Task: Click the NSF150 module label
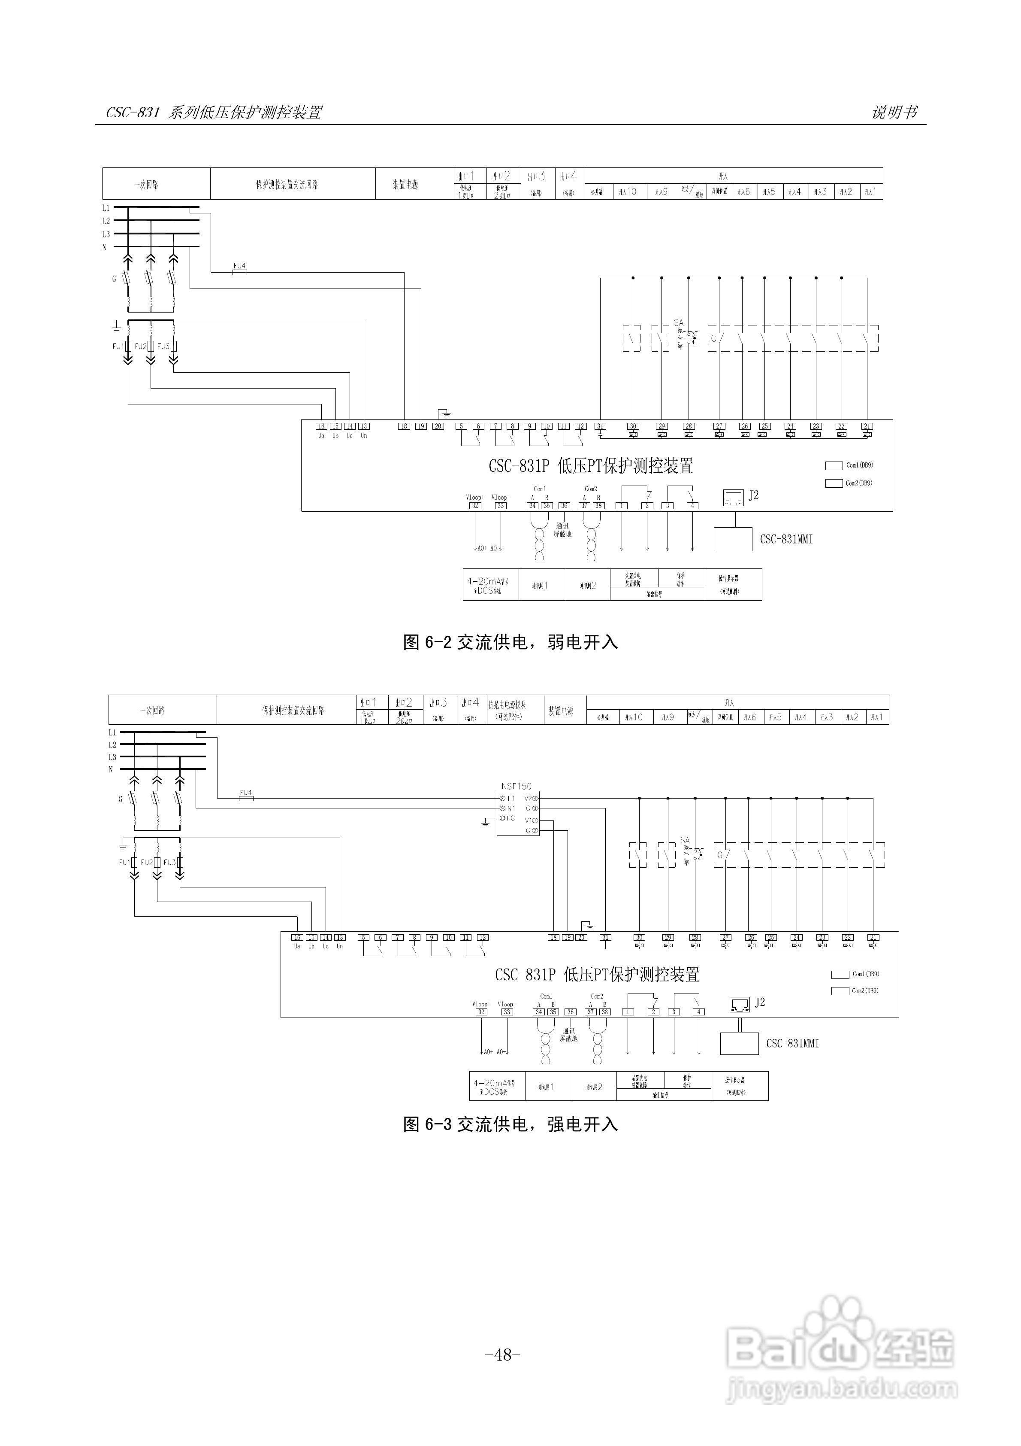pyautogui.click(x=516, y=786)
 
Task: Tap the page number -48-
pyautogui.click(x=503, y=1353)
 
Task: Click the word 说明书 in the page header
pyautogui.click(x=894, y=112)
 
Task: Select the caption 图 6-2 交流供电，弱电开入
pyautogui.click(x=510, y=642)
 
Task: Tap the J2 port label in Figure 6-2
pyautogui.click(x=753, y=495)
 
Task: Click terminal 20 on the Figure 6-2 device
pyautogui.click(x=438, y=426)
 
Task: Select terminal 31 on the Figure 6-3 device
pyautogui.click(x=605, y=937)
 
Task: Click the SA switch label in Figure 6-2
pyautogui.click(x=678, y=322)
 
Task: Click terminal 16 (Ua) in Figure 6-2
pyautogui.click(x=321, y=426)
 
